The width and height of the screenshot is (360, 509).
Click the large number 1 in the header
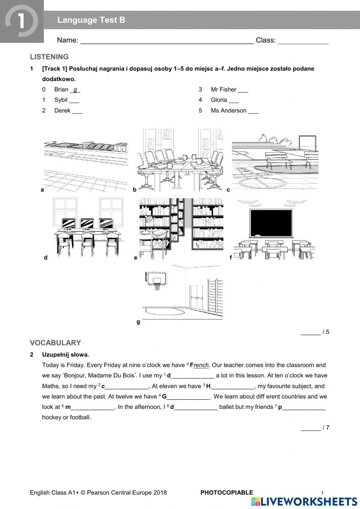[21, 21]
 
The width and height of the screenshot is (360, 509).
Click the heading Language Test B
[91, 20]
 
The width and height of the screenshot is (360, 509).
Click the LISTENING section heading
[49, 57]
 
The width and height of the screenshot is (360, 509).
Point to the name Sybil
[60, 100]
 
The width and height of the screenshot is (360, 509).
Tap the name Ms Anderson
[229, 111]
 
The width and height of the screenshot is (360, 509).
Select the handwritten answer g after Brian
[75, 90]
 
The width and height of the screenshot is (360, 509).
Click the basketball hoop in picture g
[156, 281]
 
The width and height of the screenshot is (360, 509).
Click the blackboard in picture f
[271, 223]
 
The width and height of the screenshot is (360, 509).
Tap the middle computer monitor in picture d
[87, 224]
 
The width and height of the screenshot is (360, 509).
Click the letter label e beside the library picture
[136, 258]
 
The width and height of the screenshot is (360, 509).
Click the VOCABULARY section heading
[55, 343]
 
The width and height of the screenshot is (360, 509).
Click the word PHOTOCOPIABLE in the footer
[227, 492]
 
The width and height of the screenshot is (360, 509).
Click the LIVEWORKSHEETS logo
[305, 502]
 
